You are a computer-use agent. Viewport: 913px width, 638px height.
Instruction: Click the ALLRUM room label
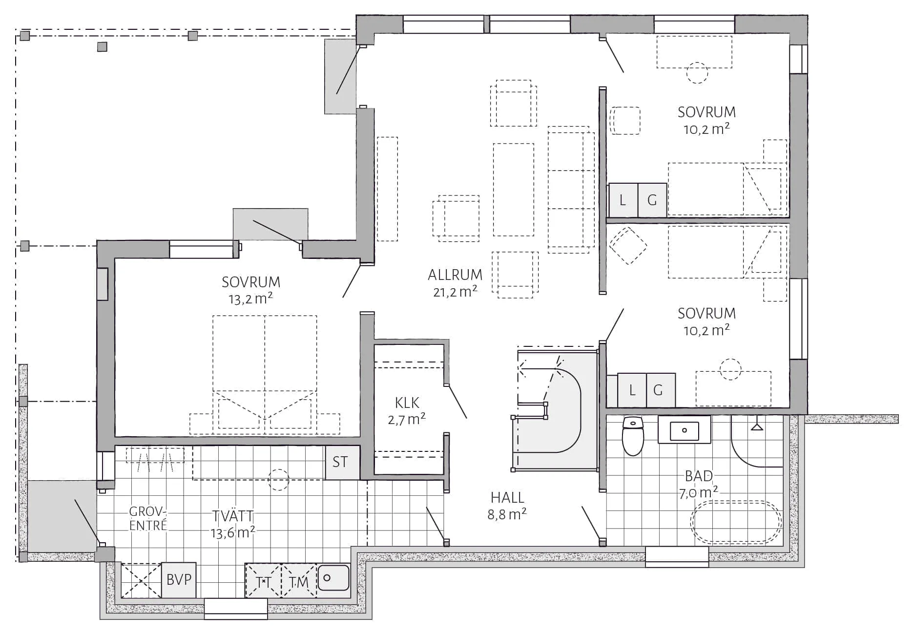[x=455, y=275]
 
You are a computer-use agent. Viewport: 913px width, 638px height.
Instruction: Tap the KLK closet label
[x=407, y=403]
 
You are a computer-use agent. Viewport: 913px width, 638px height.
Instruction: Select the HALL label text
[x=507, y=497]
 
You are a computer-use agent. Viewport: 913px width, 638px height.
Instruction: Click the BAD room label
[x=699, y=476]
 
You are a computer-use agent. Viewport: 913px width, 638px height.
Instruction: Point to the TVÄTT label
[x=233, y=516]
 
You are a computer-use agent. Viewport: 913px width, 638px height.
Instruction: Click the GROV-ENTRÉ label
[x=148, y=518]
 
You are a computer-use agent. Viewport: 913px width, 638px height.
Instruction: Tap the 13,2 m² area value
[x=250, y=298]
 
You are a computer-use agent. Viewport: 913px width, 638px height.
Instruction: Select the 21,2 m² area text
[x=455, y=292]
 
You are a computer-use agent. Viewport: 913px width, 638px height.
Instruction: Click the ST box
[x=340, y=462]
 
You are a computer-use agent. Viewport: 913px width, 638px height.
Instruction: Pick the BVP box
[x=179, y=580]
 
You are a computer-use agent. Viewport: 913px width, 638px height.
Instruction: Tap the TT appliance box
[x=264, y=581]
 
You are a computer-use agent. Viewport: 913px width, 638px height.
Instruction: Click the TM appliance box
[x=299, y=581]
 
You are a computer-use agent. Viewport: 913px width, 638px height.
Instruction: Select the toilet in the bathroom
[x=633, y=436]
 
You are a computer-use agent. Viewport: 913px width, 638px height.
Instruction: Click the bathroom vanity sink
[x=684, y=430]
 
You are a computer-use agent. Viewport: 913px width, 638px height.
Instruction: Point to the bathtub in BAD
[x=736, y=522]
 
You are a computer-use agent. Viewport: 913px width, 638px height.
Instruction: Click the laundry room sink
[x=333, y=578]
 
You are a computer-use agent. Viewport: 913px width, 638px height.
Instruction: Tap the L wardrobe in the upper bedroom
[x=623, y=200]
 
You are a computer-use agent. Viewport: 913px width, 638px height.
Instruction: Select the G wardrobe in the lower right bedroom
[x=661, y=390]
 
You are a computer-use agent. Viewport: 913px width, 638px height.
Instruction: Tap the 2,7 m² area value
[x=407, y=419]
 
